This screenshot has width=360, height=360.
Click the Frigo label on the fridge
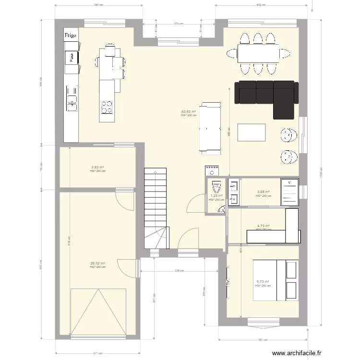(x=71, y=35)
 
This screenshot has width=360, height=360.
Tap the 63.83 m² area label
(x=189, y=112)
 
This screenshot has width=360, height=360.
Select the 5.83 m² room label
(x=97, y=168)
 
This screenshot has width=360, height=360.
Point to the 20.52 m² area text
(x=97, y=263)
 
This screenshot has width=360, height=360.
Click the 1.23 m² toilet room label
(x=216, y=196)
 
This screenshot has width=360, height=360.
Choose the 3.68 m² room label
(x=263, y=192)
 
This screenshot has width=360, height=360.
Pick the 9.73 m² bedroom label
(x=263, y=282)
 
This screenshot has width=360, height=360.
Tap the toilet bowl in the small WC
(x=216, y=185)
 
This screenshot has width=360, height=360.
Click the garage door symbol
(x=98, y=312)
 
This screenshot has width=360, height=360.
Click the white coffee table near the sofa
(x=252, y=132)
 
